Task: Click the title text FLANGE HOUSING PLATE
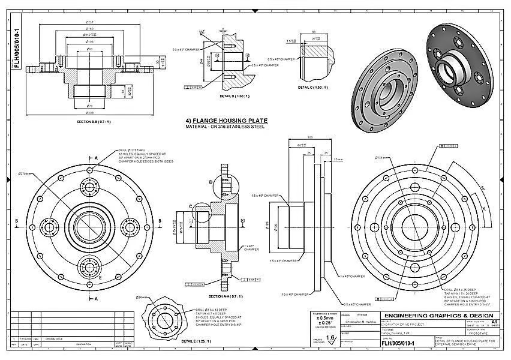[x=232, y=121]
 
